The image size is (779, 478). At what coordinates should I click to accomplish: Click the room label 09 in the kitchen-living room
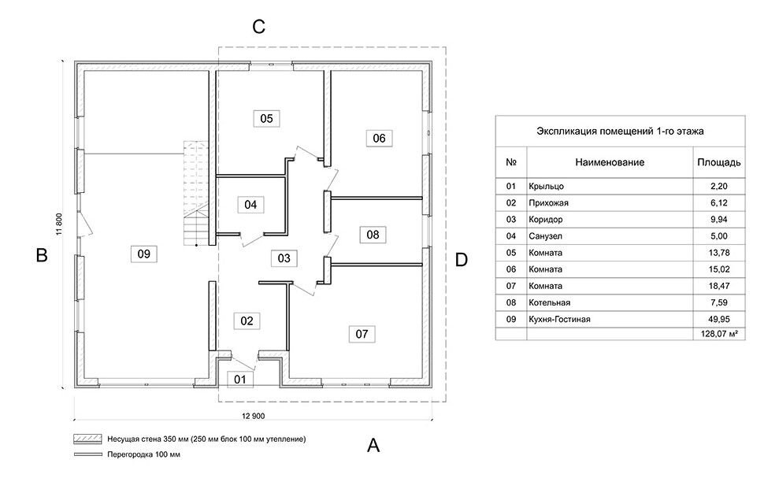(x=143, y=254)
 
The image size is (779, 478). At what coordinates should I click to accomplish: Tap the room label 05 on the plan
(x=266, y=118)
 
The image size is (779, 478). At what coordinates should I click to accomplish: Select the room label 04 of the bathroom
(x=250, y=205)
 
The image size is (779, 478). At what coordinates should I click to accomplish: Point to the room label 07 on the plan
(x=362, y=334)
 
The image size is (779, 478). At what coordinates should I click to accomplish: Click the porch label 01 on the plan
(x=240, y=380)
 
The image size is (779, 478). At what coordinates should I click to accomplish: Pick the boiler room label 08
(x=373, y=235)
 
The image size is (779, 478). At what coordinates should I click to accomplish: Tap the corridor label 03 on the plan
(x=284, y=258)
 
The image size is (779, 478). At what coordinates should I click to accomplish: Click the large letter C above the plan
(x=259, y=27)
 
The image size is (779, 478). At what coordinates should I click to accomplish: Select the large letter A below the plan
(x=373, y=445)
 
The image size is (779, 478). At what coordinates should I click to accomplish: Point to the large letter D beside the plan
(x=462, y=259)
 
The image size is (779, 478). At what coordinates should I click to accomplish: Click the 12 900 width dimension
(x=254, y=417)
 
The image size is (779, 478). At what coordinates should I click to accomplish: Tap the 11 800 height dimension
(x=59, y=224)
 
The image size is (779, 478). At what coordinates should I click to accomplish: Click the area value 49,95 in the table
(x=719, y=319)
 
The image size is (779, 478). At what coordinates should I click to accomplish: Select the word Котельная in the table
(x=550, y=302)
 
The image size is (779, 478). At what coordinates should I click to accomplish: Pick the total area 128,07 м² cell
(x=719, y=334)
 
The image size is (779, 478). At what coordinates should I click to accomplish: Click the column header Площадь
(x=719, y=162)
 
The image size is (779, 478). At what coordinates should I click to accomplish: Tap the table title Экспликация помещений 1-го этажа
(x=620, y=132)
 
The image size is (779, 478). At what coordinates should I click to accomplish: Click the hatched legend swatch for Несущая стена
(x=88, y=439)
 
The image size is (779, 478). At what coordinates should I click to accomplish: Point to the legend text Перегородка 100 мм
(x=143, y=454)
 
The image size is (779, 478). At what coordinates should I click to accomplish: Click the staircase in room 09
(x=196, y=193)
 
